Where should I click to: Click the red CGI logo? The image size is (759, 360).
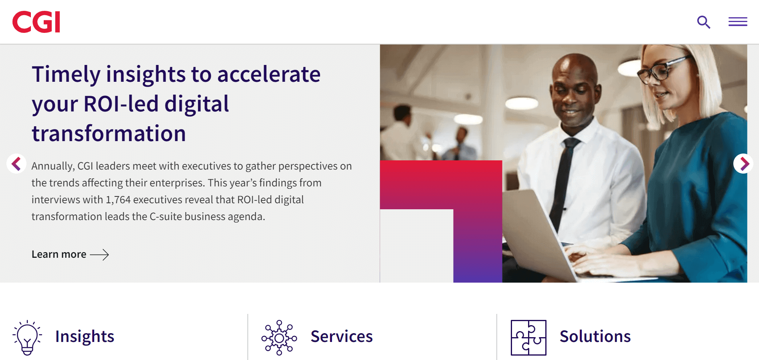[x=36, y=22]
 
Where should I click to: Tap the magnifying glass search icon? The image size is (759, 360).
[x=704, y=22]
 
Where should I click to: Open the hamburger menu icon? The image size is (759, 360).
[x=738, y=22]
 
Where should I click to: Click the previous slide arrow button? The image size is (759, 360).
[x=16, y=164]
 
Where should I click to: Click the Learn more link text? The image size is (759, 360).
[x=59, y=254]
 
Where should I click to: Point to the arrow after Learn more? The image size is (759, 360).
[x=99, y=255]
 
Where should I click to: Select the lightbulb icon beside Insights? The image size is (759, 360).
[x=27, y=338]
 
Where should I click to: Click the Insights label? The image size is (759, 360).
[x=85, y=336]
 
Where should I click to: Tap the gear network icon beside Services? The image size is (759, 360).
[x=279, y=338]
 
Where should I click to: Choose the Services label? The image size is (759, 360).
[x=342, y=336]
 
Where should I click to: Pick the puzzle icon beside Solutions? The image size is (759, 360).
[x=528, y=338]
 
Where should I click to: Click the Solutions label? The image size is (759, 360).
[x=595, y=336]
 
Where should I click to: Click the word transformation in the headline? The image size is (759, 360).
[x=109, y=133]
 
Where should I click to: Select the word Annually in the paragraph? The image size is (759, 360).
[x=53, y=166]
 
